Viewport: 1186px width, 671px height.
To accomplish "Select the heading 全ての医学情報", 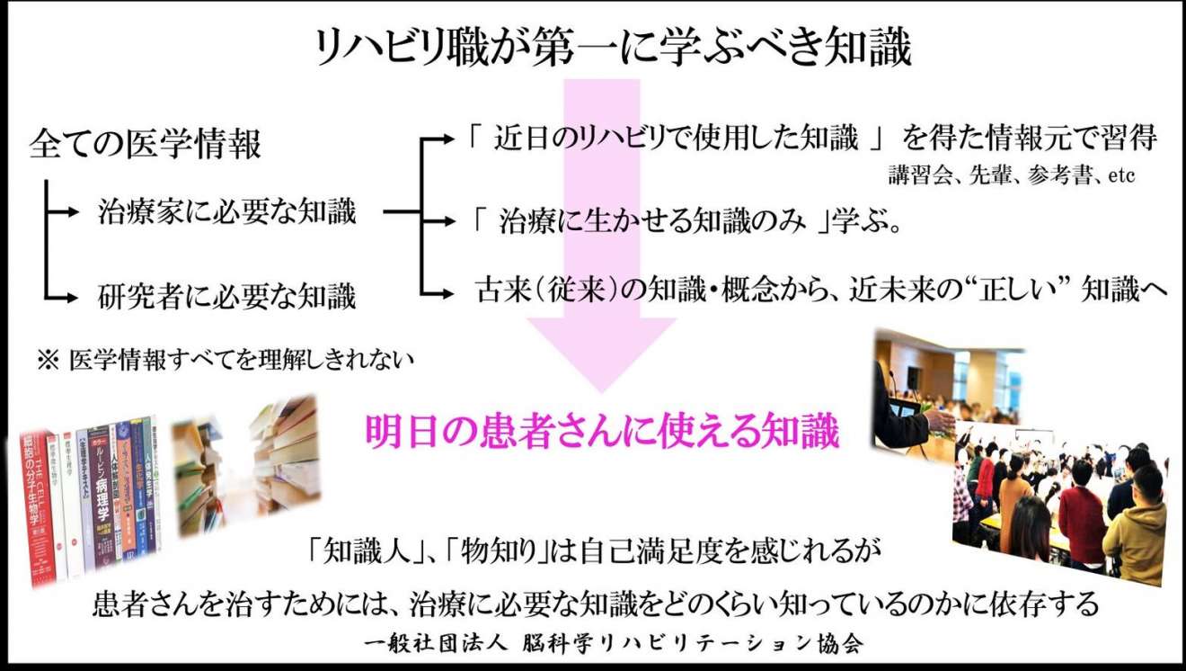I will tap(145, 144).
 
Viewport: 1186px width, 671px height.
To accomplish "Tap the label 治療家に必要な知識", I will tap(227, 212).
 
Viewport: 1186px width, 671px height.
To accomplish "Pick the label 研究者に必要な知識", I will tap(227, 296).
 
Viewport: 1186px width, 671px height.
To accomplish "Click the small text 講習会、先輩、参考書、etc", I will tap(1010, 176).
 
